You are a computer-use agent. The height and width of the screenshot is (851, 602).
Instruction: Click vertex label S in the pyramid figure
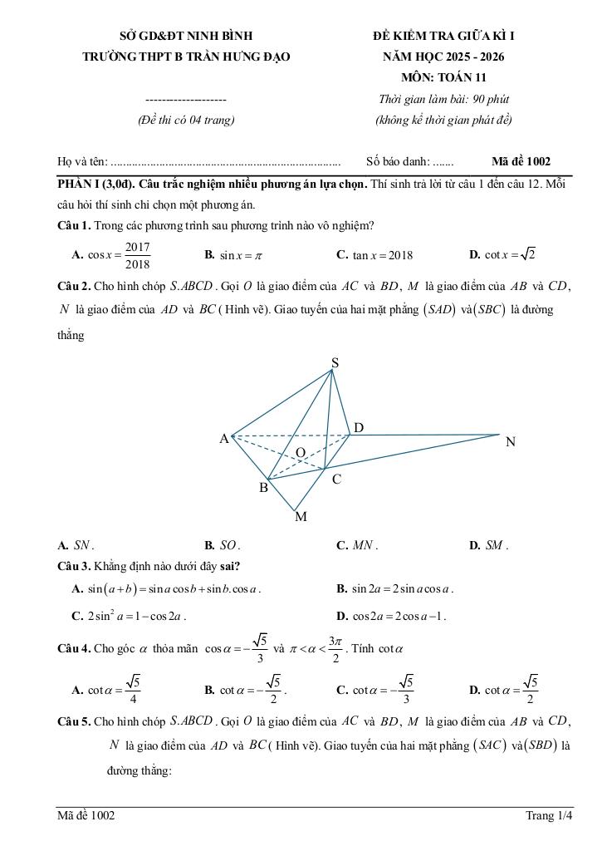[x=335, y=362]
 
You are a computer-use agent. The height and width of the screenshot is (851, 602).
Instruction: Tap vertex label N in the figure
[x=511, y=442]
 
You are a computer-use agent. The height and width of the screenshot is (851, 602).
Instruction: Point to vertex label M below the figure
[x=301, y=517]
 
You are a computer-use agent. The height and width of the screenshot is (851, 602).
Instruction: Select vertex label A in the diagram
[x=224, y=439]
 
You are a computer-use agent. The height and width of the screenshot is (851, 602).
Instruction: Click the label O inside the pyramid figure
[x=301, y=451]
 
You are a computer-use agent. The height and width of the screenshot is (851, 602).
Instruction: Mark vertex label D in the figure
[x=359, y=427]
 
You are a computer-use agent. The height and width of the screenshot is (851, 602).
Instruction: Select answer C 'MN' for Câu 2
[x=357, y=546]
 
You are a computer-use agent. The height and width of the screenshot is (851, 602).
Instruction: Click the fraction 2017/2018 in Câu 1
[x=137, y=255]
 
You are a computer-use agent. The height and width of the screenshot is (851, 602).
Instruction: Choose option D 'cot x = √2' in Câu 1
[x=502, y=254]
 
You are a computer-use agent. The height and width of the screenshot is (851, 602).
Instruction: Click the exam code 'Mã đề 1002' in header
[x=521, y=162]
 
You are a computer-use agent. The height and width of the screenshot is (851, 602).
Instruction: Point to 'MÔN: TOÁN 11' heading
[x=443, y=78]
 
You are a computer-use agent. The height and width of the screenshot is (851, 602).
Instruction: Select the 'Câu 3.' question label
[x=74, y=567]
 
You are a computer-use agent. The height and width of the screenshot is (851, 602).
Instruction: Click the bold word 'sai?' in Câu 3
[x=230, y=567]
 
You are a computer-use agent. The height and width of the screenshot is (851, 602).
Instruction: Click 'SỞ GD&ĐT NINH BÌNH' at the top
[x=186, y=36]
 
